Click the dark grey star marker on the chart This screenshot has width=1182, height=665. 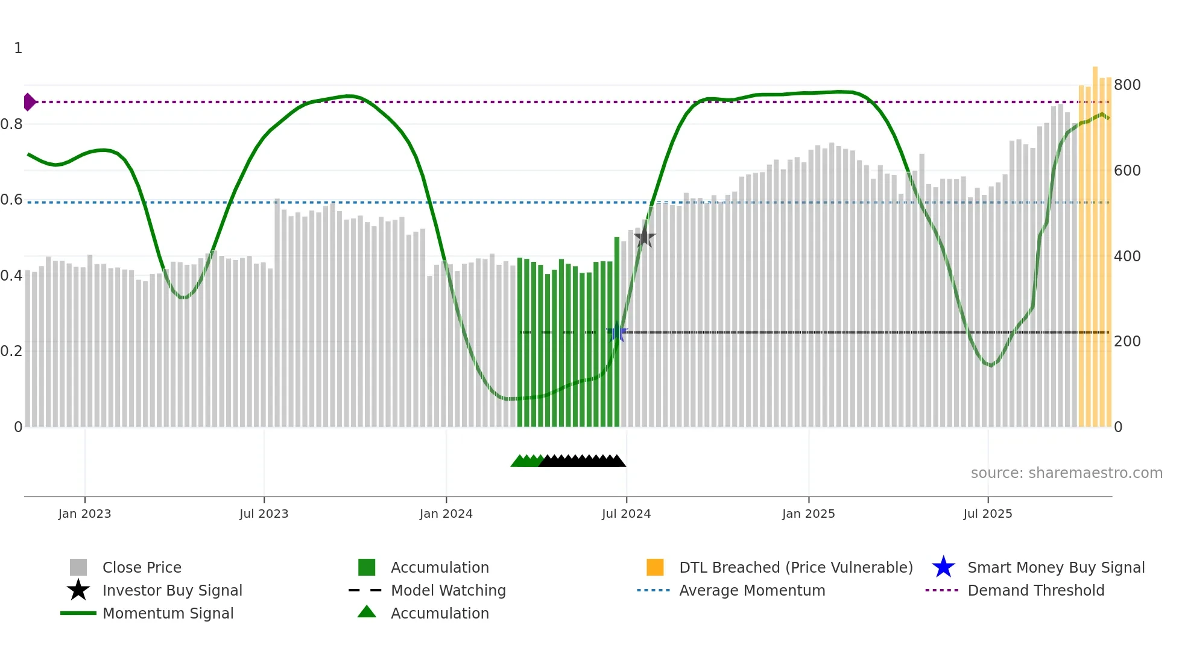644,237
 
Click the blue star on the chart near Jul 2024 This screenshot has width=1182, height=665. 616,332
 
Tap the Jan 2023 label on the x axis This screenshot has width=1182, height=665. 84,514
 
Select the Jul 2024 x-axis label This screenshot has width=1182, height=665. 626,514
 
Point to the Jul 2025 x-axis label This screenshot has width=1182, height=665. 987,514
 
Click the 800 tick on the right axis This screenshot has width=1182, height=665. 1127,84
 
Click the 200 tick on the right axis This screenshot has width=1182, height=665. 1127,342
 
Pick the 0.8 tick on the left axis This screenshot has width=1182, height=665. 11,124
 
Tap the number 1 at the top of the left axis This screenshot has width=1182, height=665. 18,48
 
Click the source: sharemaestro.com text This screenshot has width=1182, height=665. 1066,472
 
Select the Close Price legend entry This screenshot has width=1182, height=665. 142,567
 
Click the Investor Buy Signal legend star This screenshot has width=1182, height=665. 78,590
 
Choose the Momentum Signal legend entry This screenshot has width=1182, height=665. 168,613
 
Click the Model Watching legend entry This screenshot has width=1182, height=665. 447,590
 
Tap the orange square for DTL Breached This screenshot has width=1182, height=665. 654,567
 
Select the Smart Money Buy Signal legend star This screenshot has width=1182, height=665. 943,567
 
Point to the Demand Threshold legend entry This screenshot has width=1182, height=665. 1035,590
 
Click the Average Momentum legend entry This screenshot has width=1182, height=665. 751,590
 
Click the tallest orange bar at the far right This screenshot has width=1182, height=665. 1095,241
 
